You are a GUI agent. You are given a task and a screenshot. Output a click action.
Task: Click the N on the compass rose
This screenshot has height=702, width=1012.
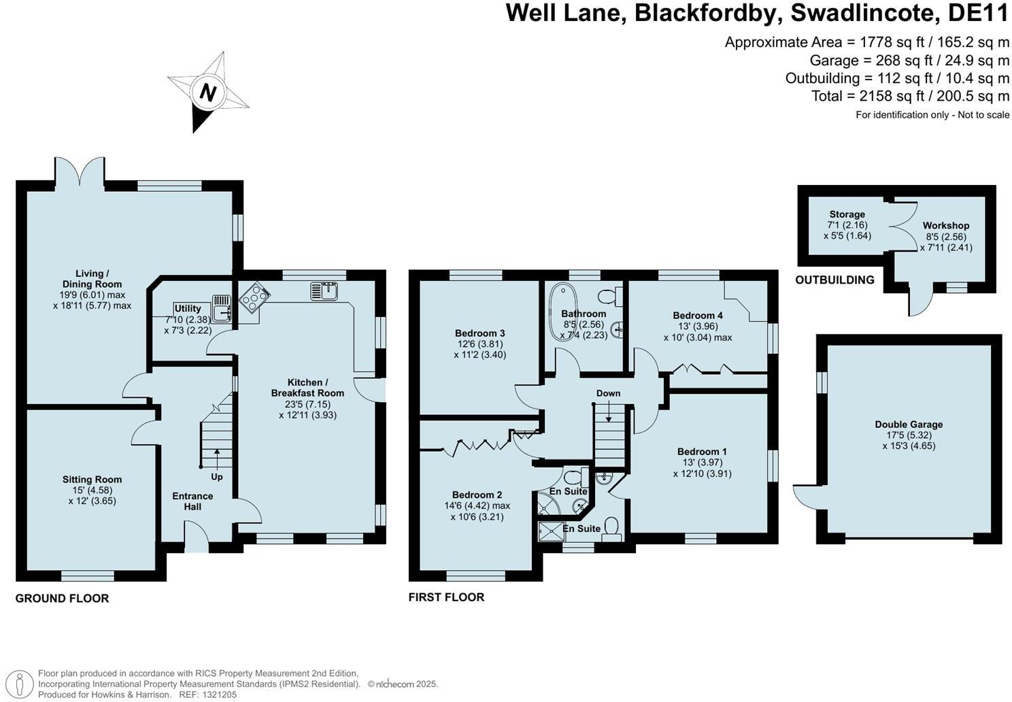coord(208,93)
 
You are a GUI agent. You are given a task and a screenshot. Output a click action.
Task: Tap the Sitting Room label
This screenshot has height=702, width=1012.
coord(92,480)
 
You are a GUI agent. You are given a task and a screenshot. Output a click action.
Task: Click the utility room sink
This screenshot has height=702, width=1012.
coord(222,308)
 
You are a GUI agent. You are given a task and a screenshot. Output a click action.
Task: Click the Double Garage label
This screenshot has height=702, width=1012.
coord(909,424)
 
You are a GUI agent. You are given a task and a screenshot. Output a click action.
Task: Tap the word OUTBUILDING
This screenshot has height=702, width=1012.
coord(834,280)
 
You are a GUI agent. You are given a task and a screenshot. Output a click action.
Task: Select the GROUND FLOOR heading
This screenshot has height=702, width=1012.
coord(62,599)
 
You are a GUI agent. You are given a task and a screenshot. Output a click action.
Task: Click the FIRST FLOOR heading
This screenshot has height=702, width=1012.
coord(446,597)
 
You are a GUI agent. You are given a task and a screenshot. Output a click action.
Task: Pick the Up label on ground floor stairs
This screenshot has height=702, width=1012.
coord(216,477)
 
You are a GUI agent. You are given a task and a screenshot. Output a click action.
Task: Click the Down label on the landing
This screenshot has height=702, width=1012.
coord(608,393)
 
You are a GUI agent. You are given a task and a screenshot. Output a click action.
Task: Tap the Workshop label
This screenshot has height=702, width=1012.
coord(945,225)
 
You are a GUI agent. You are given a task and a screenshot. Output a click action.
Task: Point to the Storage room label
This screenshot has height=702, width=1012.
coord(847,214)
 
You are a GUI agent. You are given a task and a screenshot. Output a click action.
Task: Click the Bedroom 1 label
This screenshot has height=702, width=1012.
coord(702,452)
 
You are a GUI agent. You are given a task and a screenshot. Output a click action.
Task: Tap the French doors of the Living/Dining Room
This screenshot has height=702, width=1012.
coord(80,171)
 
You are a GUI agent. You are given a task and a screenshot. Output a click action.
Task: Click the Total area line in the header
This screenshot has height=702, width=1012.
coord(910,96)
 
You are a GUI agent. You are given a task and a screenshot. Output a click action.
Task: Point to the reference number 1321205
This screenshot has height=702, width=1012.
coord(218,695)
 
